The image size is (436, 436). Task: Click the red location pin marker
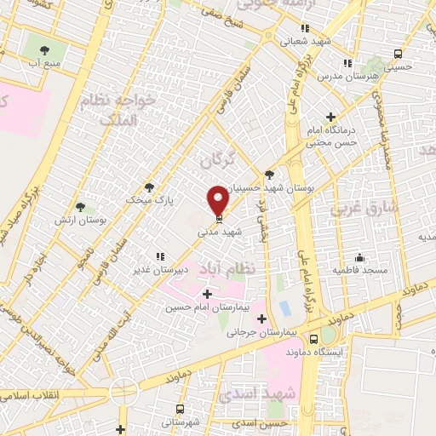pyautogui.click(x=219, y=200)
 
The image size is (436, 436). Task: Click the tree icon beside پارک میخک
pyautogui.click(x=150, y=187)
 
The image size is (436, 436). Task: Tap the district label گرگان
pyautogui.click(x=215, y=159)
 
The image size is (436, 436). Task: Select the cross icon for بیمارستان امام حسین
pyautogui.click(x=207, y=294)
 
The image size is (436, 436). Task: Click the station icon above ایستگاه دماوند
pyautogui.click(x=326, y=336)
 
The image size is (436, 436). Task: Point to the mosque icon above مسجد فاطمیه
pyautogui.click(x=360, y=257)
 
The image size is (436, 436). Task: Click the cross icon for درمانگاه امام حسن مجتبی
pyautogui.click(x=330, y=117)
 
